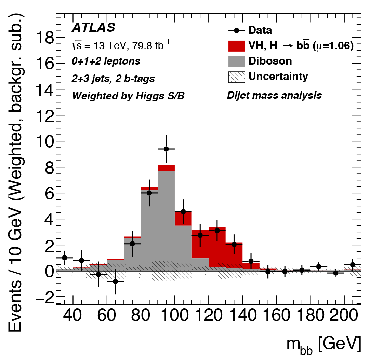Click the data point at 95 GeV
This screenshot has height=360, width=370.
point(166,149)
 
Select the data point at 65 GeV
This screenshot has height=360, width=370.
point(115,281)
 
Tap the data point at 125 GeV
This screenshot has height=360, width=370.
point(217,230)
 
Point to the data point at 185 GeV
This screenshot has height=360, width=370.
point(319,266)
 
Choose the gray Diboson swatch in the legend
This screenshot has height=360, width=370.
point(237,61)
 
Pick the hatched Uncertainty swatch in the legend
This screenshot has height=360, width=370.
point(237,77)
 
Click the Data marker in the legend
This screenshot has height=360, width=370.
point(237,30)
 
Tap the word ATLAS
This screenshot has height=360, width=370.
point(93,28)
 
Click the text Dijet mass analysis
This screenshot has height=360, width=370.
point(274,95)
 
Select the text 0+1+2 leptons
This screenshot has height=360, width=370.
point(106,61)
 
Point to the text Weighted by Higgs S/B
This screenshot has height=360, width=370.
point(128,96)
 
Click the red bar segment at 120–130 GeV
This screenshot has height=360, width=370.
point(217,249)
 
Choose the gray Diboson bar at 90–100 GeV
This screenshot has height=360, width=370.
point(166,222)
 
